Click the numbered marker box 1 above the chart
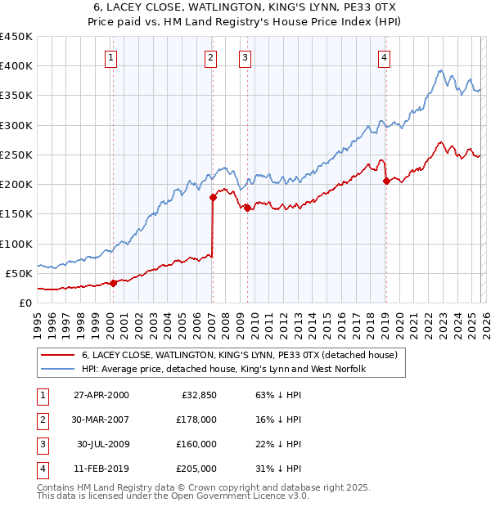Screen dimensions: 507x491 point(110,57)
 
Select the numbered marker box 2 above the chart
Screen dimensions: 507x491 point(211,57)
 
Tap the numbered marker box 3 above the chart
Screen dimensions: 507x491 point(245,57)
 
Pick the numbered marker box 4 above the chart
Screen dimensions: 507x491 point(384,57)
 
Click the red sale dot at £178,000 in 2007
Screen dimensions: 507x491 point(213,197)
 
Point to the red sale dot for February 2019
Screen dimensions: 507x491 point(385,182)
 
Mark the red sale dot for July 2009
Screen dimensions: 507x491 point(246,208)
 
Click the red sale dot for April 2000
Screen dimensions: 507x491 point(113,283)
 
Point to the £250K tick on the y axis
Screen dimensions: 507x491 point(16,155)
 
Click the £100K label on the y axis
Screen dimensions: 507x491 point(16,244)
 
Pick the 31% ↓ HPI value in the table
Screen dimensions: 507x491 point(273,469)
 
